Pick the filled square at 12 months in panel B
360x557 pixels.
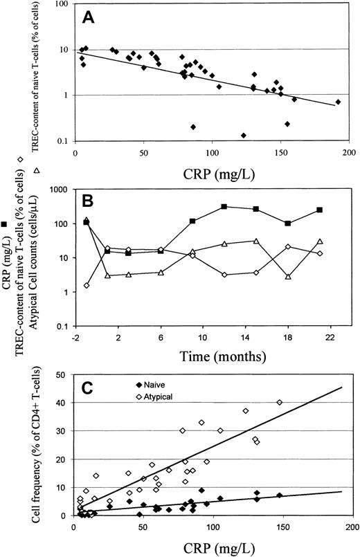coord(224,206)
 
